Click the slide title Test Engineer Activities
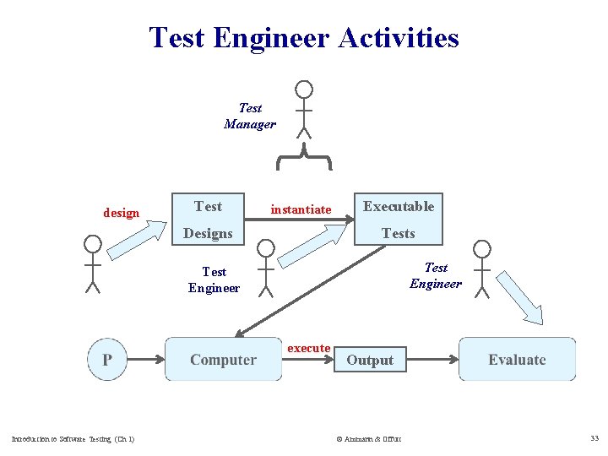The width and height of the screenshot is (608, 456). click(304, 38)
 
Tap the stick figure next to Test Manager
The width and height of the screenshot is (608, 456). click(303, 109)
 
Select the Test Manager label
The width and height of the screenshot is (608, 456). click(250, 116)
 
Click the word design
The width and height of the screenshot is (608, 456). click(121, 213)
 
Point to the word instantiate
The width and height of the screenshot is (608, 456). click(301, 209)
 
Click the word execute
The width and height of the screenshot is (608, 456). click(309, 348)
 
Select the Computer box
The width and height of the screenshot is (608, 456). click(223, 360)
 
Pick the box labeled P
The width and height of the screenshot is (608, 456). click(107, 360)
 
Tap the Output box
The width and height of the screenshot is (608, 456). click(370, 361)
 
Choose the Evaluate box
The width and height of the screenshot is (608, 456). click(517, 360)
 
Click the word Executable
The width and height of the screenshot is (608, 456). click(399, 206)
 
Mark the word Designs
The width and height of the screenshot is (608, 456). click(208, 233)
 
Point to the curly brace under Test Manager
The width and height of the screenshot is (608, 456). click(303, 152)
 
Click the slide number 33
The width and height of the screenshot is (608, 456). click(594, 438)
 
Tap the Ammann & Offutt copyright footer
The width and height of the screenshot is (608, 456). click(369, 439)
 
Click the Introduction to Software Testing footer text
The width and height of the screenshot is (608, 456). click(73, 438)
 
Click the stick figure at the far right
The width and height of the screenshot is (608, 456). click(481, 268)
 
